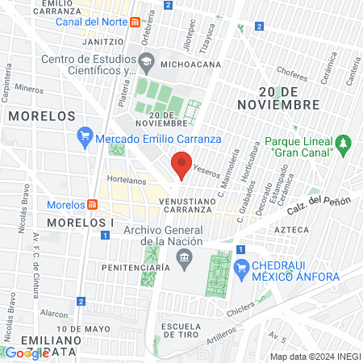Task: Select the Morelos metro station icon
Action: (93, 204)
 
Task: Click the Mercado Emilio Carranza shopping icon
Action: (84, 139)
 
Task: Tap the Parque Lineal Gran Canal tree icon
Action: (344, 144)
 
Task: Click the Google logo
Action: (27, 353)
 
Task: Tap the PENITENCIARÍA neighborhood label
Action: (136, 266)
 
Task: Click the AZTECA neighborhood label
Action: (291, 230)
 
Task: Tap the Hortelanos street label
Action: (124, 182)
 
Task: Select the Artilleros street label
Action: (221, 332)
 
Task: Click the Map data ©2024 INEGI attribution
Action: (315, 357)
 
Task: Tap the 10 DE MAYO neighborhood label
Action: (83, 329)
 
